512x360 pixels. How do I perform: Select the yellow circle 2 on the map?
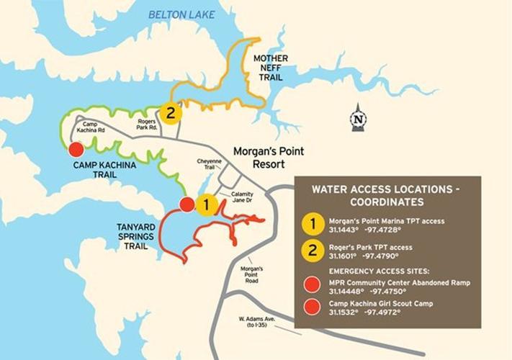[x=171, y=113]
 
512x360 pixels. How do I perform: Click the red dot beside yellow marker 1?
[x=187, y=204]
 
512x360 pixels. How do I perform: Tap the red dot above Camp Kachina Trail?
[x=75, y=150]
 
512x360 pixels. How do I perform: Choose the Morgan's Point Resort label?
[x=269, y=157]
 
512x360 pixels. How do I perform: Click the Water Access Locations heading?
[x=387, y=197]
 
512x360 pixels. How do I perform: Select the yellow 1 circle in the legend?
[x=313, y=224]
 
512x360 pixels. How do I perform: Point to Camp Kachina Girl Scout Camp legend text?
[x=380, y=305]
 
